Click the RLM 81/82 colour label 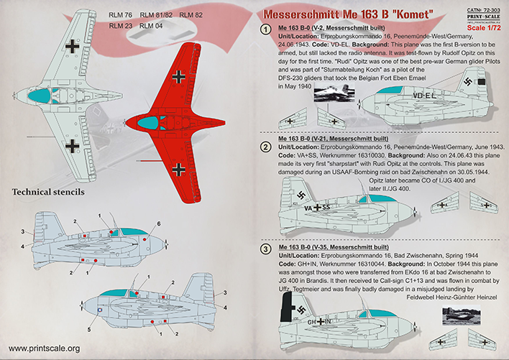[155, 15]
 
